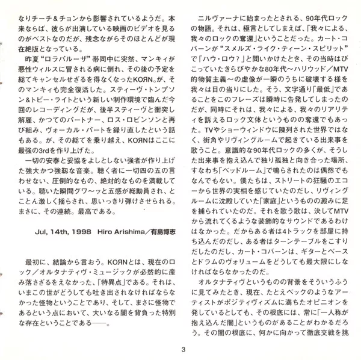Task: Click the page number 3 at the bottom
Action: [x=181, y=350]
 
